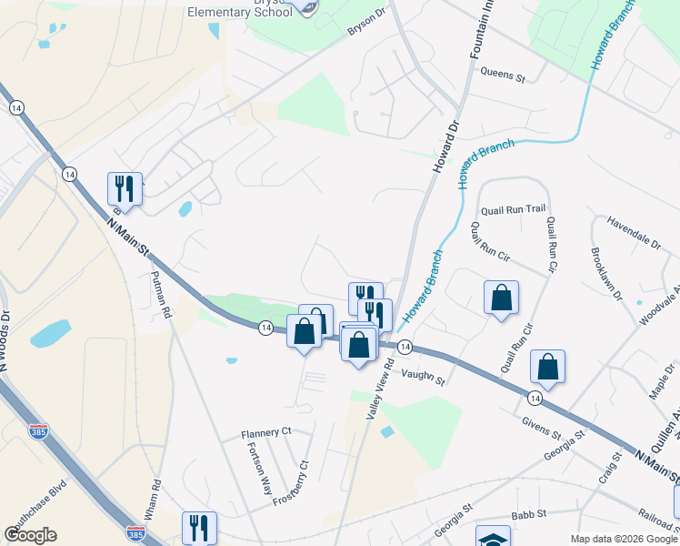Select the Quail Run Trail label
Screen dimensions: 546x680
513,208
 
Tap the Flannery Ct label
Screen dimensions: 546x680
265,431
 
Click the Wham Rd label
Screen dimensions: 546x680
152,497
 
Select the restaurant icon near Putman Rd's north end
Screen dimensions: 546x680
125,188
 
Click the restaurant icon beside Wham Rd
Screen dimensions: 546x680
199,527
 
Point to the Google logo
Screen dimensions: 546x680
30,535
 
